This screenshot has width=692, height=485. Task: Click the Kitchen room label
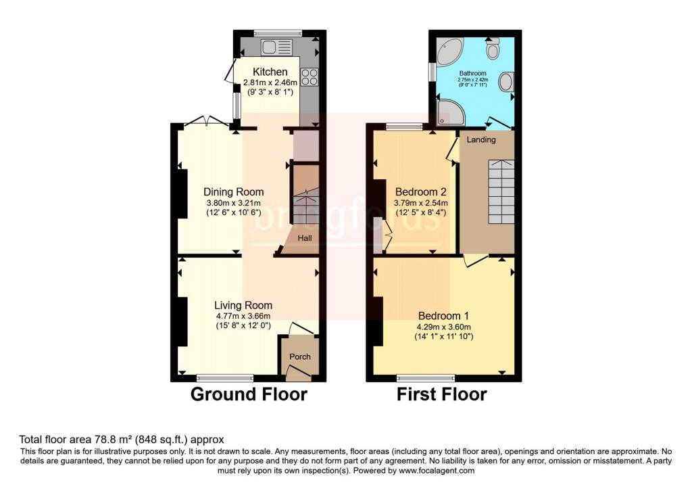click(270, 72)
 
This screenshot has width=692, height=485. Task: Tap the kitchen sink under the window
click(278, 47)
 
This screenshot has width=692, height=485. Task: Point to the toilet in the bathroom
click(493, 48)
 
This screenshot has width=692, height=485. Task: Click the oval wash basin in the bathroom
click(505, 83)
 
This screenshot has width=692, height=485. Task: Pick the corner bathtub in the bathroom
click(449, 51)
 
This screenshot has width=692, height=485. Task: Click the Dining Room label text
click(234, 191)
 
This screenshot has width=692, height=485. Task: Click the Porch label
click(300, 356)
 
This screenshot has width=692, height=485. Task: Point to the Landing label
click(480, 140)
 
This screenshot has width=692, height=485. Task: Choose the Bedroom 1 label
click(443, 316)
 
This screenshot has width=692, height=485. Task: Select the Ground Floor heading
click(249, 394)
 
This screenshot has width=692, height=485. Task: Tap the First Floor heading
click(441, 394)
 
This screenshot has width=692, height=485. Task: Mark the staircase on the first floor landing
click(501, 193)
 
